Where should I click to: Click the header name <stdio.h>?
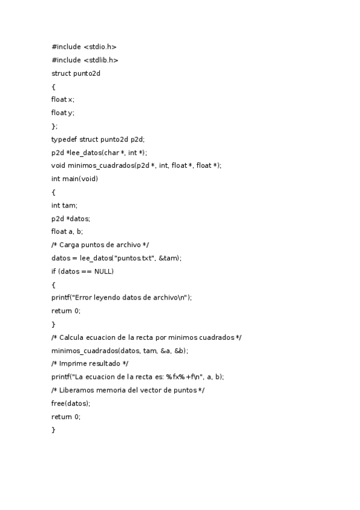pyautogui.click(x=100, y=46)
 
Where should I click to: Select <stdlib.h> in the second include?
pyautogui.click(x=101, y=60)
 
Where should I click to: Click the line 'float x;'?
pyautogui.click(x=63, y=99)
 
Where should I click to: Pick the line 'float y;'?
pyautogui.click(x=63, y=112)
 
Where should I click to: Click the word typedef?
pyautogui.click(x=64, y=139)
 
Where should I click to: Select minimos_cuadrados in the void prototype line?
pyautogui.click(x=101, y=165)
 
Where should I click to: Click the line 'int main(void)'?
pyautogui.click(x=75, y=179)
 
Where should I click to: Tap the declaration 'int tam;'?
pyautogui.click(x=64, y=205)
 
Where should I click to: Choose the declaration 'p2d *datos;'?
pyautogui.click(x=71, y=218)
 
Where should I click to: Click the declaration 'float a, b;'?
pyautogui.click(x=67, y=232)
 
